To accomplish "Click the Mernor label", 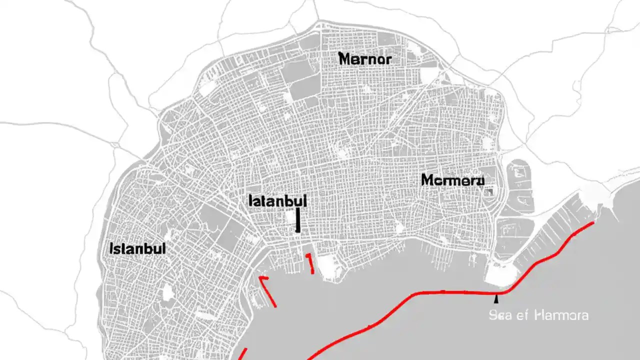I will (365, 59).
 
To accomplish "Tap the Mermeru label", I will (453, 180).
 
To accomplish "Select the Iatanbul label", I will (277, 201).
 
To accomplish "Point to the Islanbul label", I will (136, 248).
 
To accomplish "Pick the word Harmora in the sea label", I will (561, 315).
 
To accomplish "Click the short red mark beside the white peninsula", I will (310, 263).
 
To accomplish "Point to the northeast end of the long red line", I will (593, 222).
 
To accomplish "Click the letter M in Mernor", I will (345, 59).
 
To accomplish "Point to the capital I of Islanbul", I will (110, 248).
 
